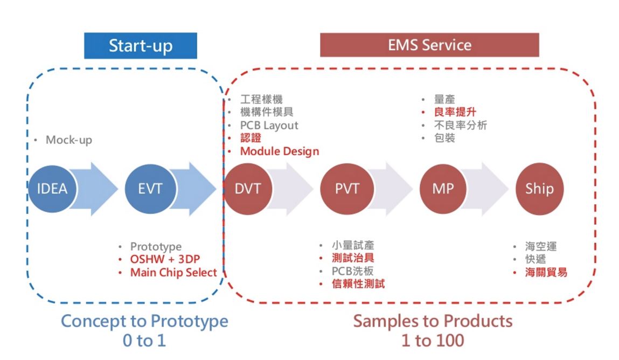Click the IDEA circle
[52, 189]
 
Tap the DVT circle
[247, 189]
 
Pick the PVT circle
[347, 189]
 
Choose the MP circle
[442, 189]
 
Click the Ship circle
[539, 189]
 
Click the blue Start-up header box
[141, 46]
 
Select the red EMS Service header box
[429, 45]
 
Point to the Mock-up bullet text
[68, 140]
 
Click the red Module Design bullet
[279, 151]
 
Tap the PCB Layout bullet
[269, 125]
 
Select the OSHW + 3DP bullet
[161, 260]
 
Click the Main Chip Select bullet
[173, 273]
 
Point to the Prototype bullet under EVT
[156, 247]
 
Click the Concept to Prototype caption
[144, 321]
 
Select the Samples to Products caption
[433, 321]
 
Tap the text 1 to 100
[433, 341]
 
